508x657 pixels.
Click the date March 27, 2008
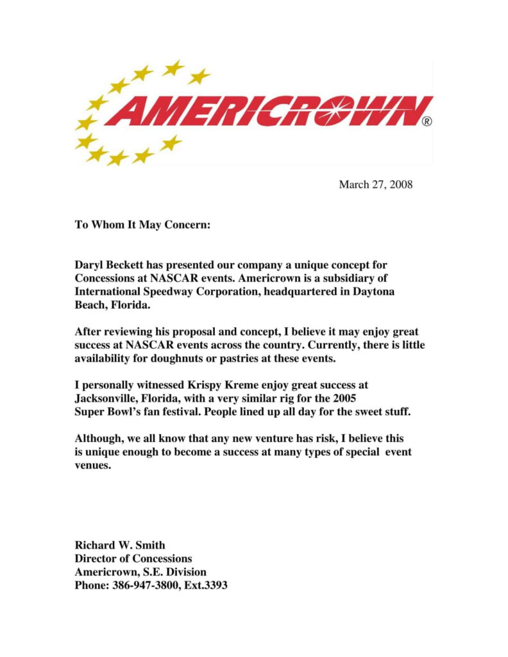click(375, 185)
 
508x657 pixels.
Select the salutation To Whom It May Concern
click(142, 225)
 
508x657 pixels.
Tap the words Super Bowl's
click(106, 411)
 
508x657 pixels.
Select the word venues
click(93, 465)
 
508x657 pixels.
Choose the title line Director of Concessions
click(133, 559)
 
